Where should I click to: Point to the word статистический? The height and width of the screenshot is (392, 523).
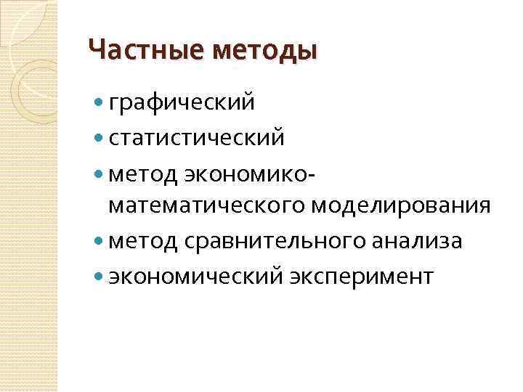point(196,137)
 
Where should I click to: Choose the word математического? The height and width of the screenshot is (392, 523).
point(208,206)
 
